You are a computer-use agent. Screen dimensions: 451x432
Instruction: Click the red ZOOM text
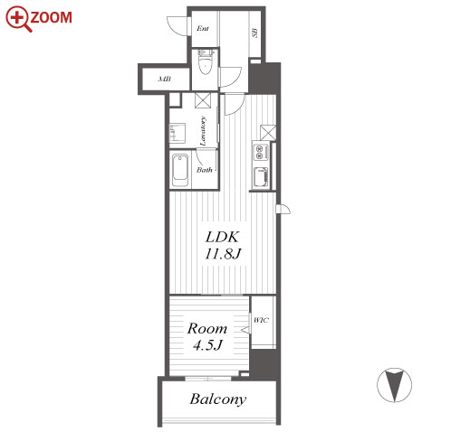[51, 17]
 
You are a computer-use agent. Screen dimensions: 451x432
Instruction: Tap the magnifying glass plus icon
[18, 19]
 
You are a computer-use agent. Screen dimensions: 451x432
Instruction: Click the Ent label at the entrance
[203, 29]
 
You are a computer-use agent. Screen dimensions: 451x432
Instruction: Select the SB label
[254, 33]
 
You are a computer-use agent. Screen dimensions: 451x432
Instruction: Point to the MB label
[165, 80]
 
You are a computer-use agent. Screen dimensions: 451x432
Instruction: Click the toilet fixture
[206, 62]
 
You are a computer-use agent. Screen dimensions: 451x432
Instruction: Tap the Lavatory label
[203, 131]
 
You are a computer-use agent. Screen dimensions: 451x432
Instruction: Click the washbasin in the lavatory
[177, 133]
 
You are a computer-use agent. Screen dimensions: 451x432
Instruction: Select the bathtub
[180, 170]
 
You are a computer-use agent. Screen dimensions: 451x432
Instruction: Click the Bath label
[205, 170]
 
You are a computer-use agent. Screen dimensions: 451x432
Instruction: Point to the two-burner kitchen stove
[259, 152]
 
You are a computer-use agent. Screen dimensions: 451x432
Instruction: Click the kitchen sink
[261, 177]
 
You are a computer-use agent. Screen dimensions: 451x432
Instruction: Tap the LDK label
[223, 237]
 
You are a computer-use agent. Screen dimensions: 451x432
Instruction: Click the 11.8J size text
[223, 254]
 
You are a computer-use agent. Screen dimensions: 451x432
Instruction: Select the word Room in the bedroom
[207, 328]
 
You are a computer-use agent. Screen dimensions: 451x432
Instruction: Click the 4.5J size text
[207, 344]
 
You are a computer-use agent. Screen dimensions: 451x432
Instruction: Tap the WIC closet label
[261, 320]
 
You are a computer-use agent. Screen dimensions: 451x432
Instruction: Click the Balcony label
[218, 399]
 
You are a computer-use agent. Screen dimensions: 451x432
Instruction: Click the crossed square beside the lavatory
[203, 100]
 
